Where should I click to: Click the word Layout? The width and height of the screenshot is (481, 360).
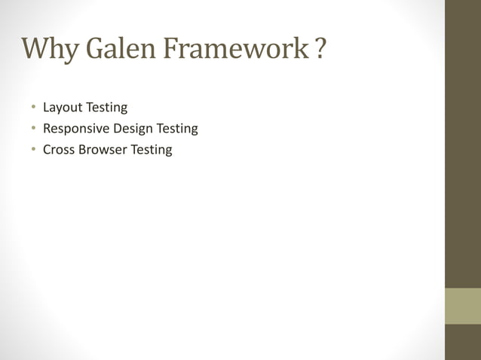63,108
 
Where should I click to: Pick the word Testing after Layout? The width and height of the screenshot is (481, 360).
107,108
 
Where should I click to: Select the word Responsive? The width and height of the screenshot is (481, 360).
75,129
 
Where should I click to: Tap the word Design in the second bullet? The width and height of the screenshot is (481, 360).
133,129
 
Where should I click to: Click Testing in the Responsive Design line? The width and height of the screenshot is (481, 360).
177,129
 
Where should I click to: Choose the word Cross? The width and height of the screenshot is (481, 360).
58,149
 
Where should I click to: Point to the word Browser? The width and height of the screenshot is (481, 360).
102,149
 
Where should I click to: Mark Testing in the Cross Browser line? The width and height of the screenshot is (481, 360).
152,149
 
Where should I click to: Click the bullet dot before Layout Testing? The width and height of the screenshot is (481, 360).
33,108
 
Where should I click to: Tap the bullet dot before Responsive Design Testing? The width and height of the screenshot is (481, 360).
33,129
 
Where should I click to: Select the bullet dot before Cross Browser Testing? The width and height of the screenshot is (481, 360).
33,149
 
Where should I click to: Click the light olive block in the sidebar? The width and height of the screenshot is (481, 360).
463,306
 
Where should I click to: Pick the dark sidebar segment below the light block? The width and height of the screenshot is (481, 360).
463,342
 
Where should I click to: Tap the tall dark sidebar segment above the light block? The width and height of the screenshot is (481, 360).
463,143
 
